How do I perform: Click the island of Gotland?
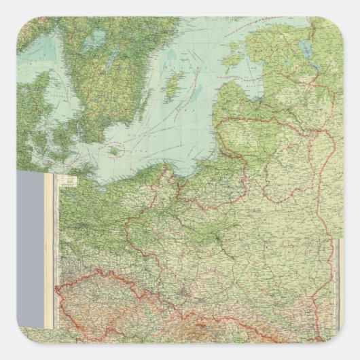175,86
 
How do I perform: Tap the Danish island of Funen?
42,139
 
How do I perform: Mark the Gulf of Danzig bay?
183,173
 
